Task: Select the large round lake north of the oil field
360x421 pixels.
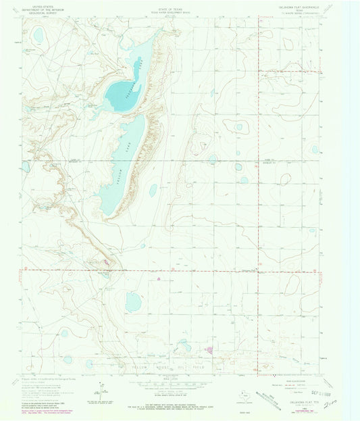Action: pyautogui.click(x=133, y=301)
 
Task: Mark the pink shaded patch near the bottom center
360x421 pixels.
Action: pyautogui.click(x=209, y=350)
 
